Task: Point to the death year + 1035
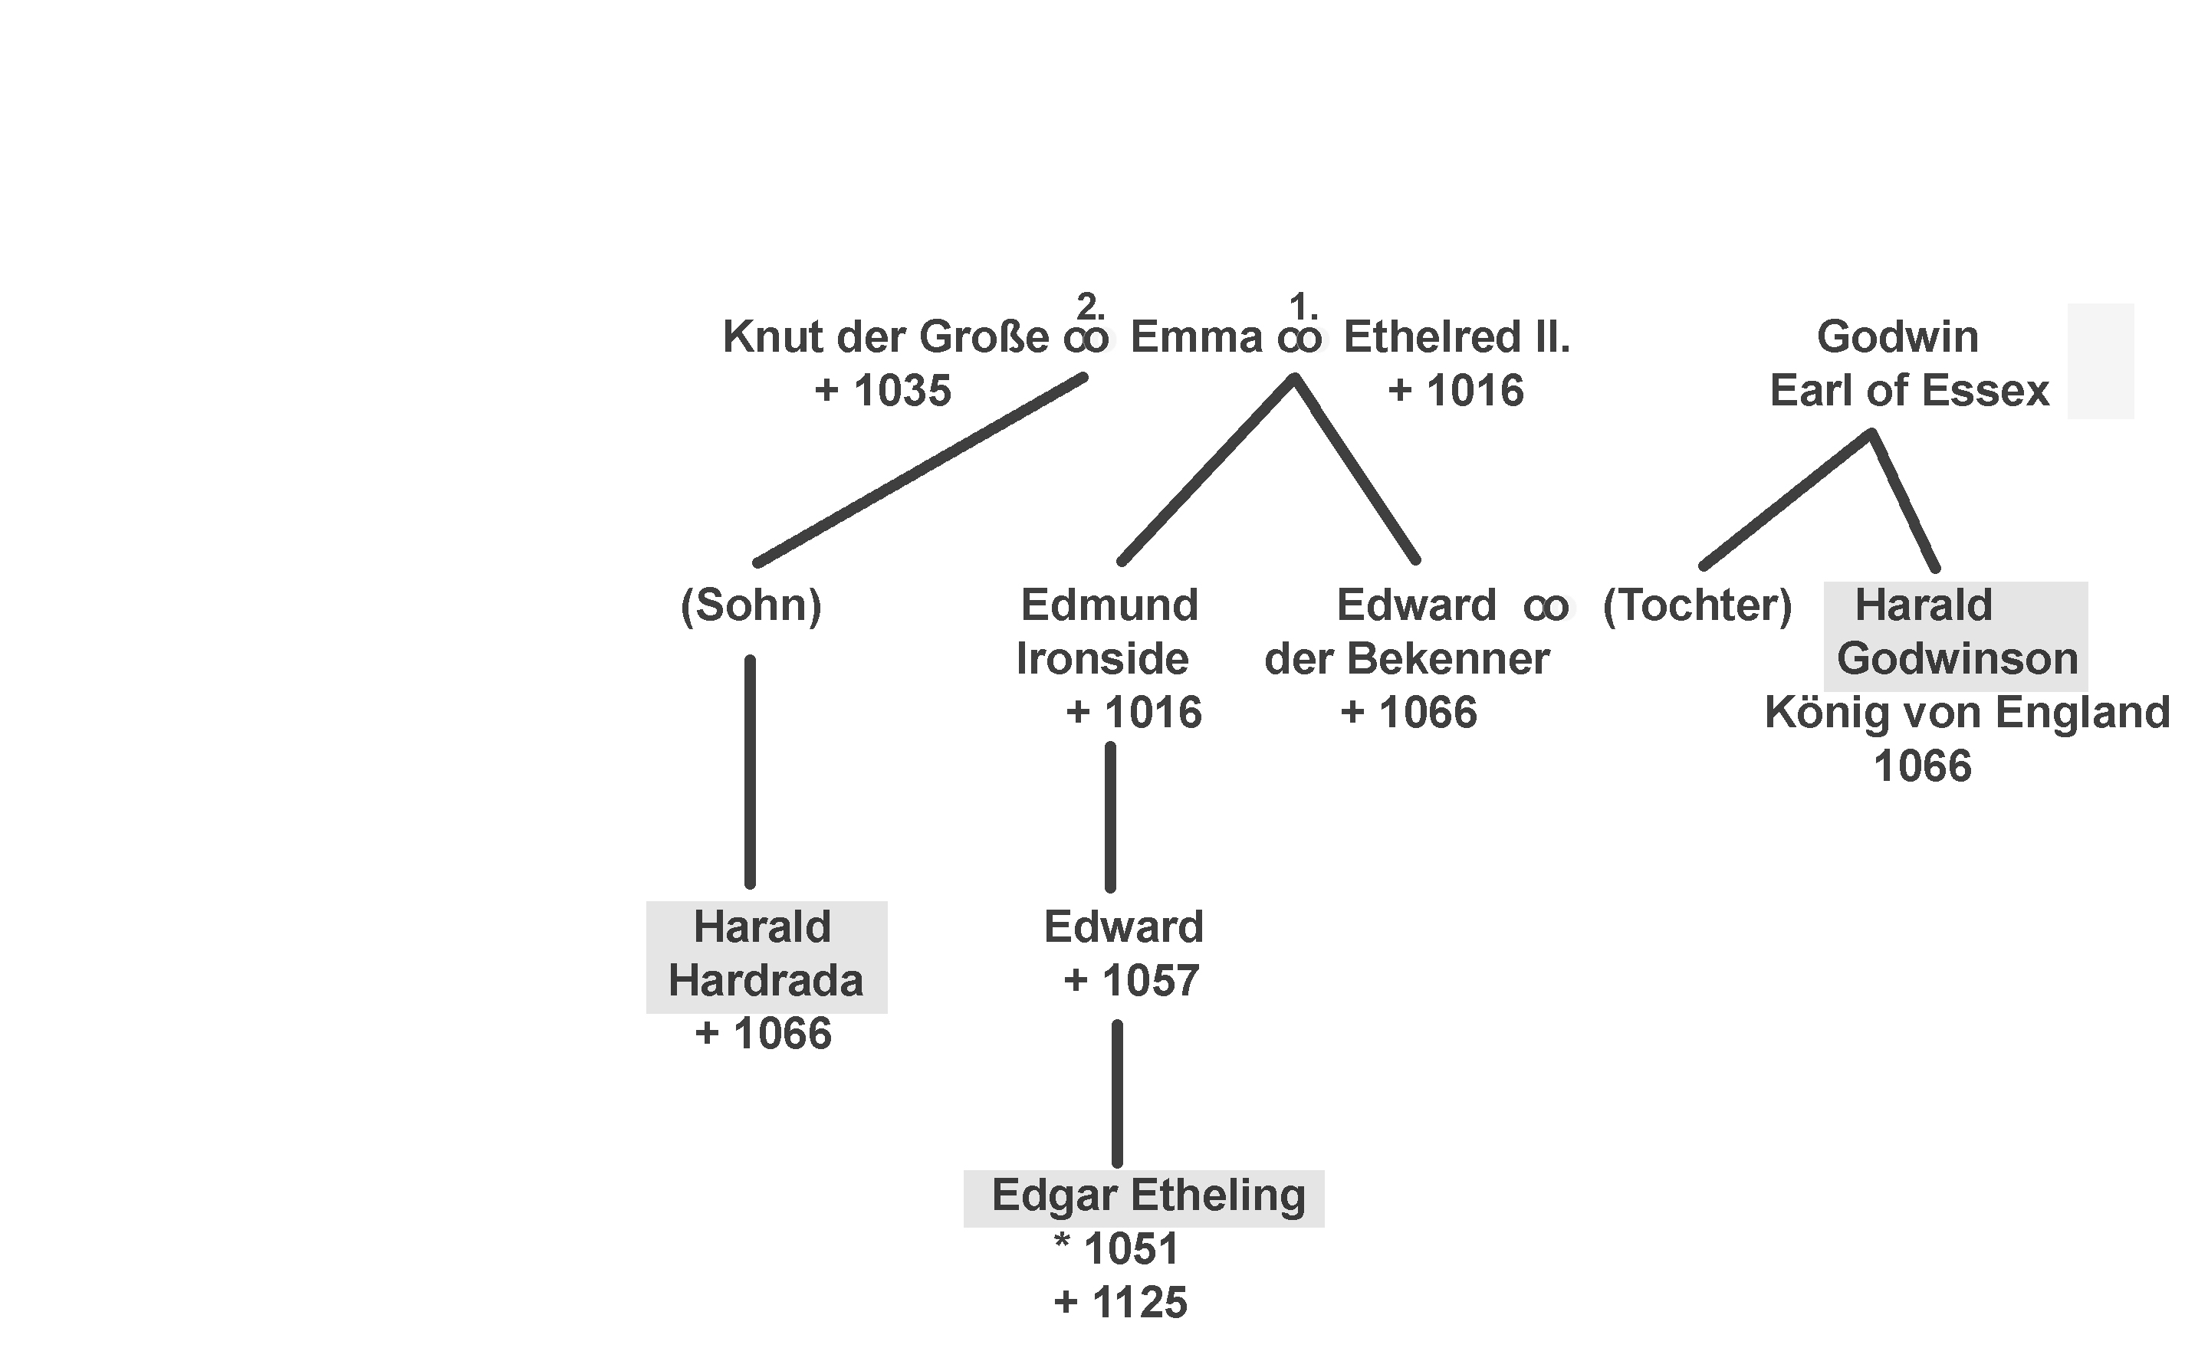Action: click(882, 392)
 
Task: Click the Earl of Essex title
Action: click(1908, 392)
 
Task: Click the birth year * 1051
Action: click(1116, 1249)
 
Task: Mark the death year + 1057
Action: click(1131, 981)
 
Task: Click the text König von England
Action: click(1967, 713)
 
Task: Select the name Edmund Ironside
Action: click(1106, 633)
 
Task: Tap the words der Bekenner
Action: click(1406, 660)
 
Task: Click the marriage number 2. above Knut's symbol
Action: click(1090, 308)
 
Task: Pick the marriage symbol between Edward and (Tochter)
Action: click(1546, 608)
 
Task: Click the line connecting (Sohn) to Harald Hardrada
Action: click(750, 772)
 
